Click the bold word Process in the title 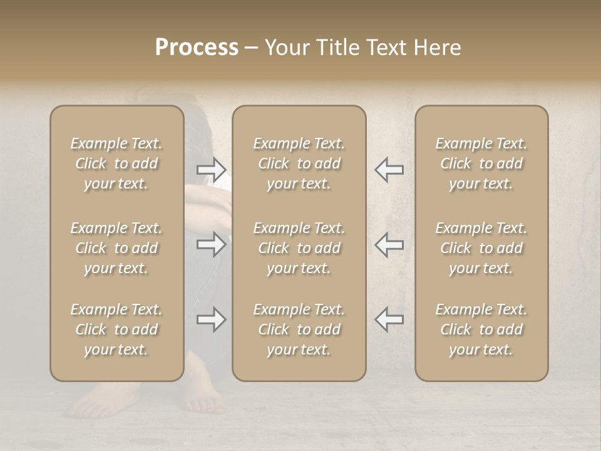point(197,48)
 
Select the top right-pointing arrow point(211,169)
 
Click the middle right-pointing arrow point(211,244)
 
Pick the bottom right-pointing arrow point(211,319)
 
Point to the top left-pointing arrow point(389,169)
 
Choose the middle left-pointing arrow point(389,244)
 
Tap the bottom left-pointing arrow point(389,319)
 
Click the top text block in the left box point(116,163)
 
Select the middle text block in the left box point(116,248)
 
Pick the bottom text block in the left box point(116,329)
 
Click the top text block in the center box point(299,163)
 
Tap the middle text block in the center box point(299,248)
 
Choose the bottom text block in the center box point(299,329)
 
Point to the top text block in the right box point(481,163)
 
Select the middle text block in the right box point(481,248)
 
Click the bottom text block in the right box point(481,329)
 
